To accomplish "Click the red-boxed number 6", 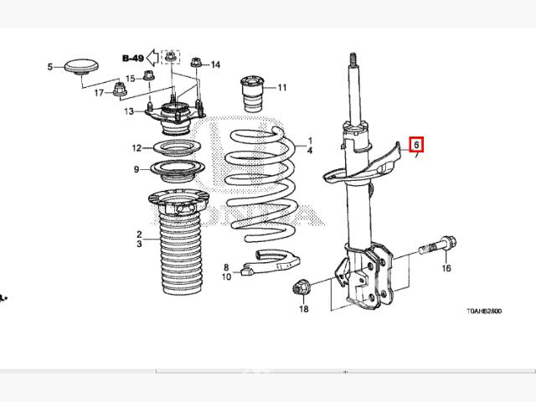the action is click(416, 144).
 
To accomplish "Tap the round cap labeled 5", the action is click(81, 66).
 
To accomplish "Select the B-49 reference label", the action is click(133, 58).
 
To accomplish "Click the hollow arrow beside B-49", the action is click(152, 57).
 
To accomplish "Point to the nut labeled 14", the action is click(196, 63).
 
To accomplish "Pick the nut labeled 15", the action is click(148, 75).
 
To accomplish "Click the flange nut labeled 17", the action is click(119, 90).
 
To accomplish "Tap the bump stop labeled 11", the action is click(253, 94).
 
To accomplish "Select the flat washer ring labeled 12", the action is click(177, 148).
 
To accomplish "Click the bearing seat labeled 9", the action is click(178, 171).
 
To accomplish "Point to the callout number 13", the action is click(129, 111).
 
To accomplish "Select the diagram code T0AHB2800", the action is click(484, 311).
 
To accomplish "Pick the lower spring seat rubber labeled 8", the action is click(271, 262).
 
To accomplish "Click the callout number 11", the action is click(282, 88).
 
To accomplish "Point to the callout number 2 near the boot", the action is click(139, 234).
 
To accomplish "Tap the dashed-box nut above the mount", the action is click(171, 56).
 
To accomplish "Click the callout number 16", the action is click(446, 268).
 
